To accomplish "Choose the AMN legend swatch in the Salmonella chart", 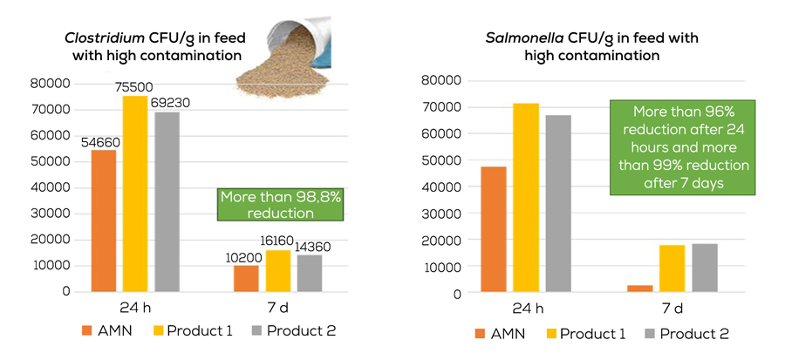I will (481, 333).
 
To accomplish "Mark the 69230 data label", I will (173, 102).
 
